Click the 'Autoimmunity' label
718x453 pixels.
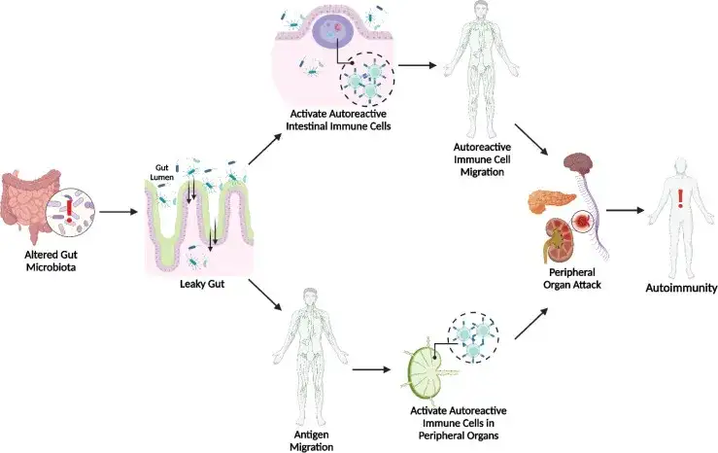pos(680,289)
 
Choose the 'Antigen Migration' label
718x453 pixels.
pos(311,440)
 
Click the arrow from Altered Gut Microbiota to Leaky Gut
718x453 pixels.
pos(119,210)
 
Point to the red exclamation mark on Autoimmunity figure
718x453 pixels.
pos(680,199)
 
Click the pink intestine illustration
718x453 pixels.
pos(30,204)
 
